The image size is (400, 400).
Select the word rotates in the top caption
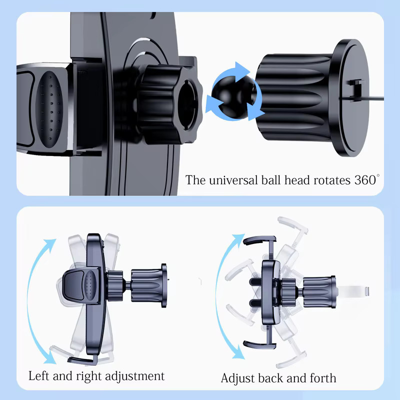pos(332,180)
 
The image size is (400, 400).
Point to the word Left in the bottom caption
pos(38,376)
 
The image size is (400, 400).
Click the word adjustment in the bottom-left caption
pos(134,376)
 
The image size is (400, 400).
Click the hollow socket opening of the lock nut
pos(187,104)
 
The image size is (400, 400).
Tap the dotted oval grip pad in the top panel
pos(49,109)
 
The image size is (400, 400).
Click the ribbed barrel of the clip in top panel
pos(293,97)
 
